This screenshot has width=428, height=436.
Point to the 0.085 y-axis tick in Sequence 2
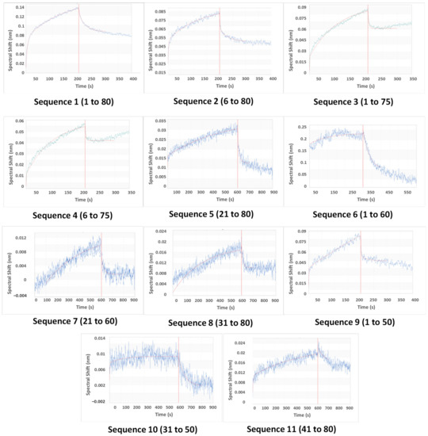click(160, 12)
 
